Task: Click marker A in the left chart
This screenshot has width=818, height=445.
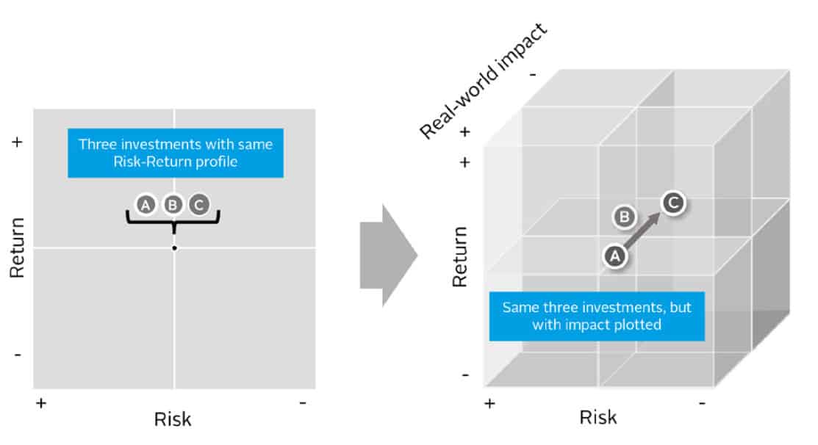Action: (x=146, y=205)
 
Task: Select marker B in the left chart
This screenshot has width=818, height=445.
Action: (x=172, y=205)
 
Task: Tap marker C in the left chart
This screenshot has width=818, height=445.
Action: (x=198, y=205)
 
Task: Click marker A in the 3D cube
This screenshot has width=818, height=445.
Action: (x=614, y=256)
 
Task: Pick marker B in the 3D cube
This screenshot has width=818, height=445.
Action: (x=624, y=217)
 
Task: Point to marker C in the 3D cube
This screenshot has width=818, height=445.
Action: (x=672, y=202)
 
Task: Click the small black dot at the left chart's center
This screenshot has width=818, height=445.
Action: (x=174, y=248)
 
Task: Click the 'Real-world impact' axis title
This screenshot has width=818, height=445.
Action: (x=486, y=81)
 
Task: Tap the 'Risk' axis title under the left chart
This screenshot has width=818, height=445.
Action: (x=173, y=419)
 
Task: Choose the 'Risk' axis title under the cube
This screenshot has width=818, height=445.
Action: (x=598, y=417)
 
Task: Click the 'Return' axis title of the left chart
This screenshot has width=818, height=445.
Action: (x=18, y=247)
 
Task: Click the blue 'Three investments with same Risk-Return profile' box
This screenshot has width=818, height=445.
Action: (x=175, y=153)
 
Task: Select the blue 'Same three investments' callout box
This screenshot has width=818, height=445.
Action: (x=597, y=315)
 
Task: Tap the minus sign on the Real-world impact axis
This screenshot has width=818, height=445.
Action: (x=532, y=73)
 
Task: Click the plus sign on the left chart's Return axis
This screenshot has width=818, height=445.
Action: (x=18, y=142)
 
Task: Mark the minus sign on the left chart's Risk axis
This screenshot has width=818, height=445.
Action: (x=303, y=402)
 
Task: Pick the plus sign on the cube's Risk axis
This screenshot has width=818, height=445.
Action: (x=489, y=402)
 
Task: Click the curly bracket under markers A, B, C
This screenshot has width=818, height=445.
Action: (x=173, y=219)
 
